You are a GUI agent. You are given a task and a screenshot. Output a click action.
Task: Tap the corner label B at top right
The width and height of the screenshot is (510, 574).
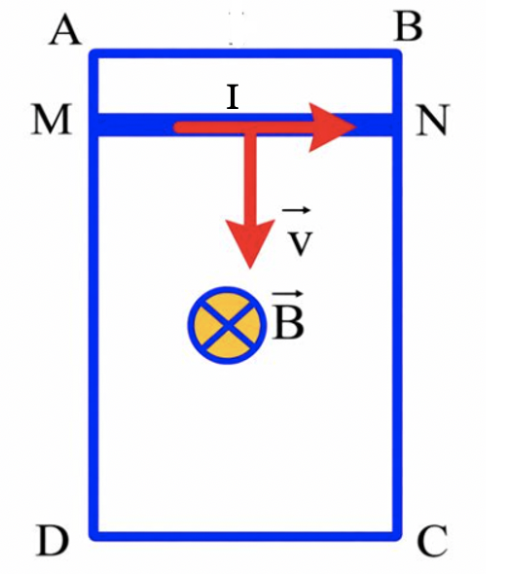[x=408, y=27]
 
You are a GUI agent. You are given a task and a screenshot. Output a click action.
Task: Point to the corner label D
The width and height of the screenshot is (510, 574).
[x=53, y=541]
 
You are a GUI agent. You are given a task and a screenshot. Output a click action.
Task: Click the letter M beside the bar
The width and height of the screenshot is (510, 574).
[x=52, y=120]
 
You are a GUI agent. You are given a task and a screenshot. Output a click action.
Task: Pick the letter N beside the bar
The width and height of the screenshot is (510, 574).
[x=432, y=121]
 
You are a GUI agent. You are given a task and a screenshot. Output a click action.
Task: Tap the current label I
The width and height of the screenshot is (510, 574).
[x=233, y=97]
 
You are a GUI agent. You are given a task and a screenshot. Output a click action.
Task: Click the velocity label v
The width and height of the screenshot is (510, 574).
[x=300, y=243]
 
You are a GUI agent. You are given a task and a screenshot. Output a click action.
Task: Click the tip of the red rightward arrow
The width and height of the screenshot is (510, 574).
[x=356, y=127]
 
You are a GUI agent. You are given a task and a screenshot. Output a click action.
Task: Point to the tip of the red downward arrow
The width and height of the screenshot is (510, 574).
[x=250, y=269]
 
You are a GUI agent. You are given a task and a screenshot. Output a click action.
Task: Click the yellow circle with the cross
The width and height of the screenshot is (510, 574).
[x=227, y=325]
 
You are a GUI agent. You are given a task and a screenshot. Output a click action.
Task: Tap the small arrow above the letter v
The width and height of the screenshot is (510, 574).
[x=297, y=210]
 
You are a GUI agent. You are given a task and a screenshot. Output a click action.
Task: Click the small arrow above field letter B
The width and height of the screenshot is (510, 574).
[x=288, y=294]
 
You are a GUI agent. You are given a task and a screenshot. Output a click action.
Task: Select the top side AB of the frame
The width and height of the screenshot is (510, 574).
[x=246, y=54]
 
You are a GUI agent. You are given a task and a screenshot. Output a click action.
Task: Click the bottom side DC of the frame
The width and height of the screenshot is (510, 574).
[x=246, y=536]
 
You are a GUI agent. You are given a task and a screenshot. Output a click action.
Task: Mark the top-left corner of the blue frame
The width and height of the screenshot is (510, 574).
[x=94, y=54]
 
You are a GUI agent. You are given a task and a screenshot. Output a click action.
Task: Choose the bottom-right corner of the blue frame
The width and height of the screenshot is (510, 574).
[x=397, y=536]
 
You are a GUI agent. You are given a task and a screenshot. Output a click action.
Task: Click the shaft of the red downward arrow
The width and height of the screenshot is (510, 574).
[x=250, y=177]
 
